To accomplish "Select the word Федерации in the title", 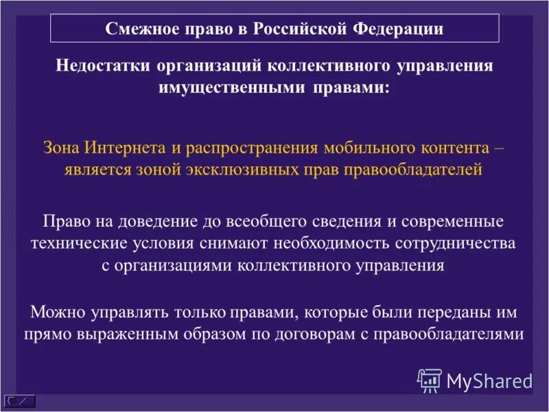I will (x=398, y=29).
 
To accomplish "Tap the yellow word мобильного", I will (x=361, y=148).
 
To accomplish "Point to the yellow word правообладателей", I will (x=414, y=170).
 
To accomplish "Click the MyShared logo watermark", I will (x=474, y=380).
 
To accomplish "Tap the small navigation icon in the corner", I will (x=19, y=399).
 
